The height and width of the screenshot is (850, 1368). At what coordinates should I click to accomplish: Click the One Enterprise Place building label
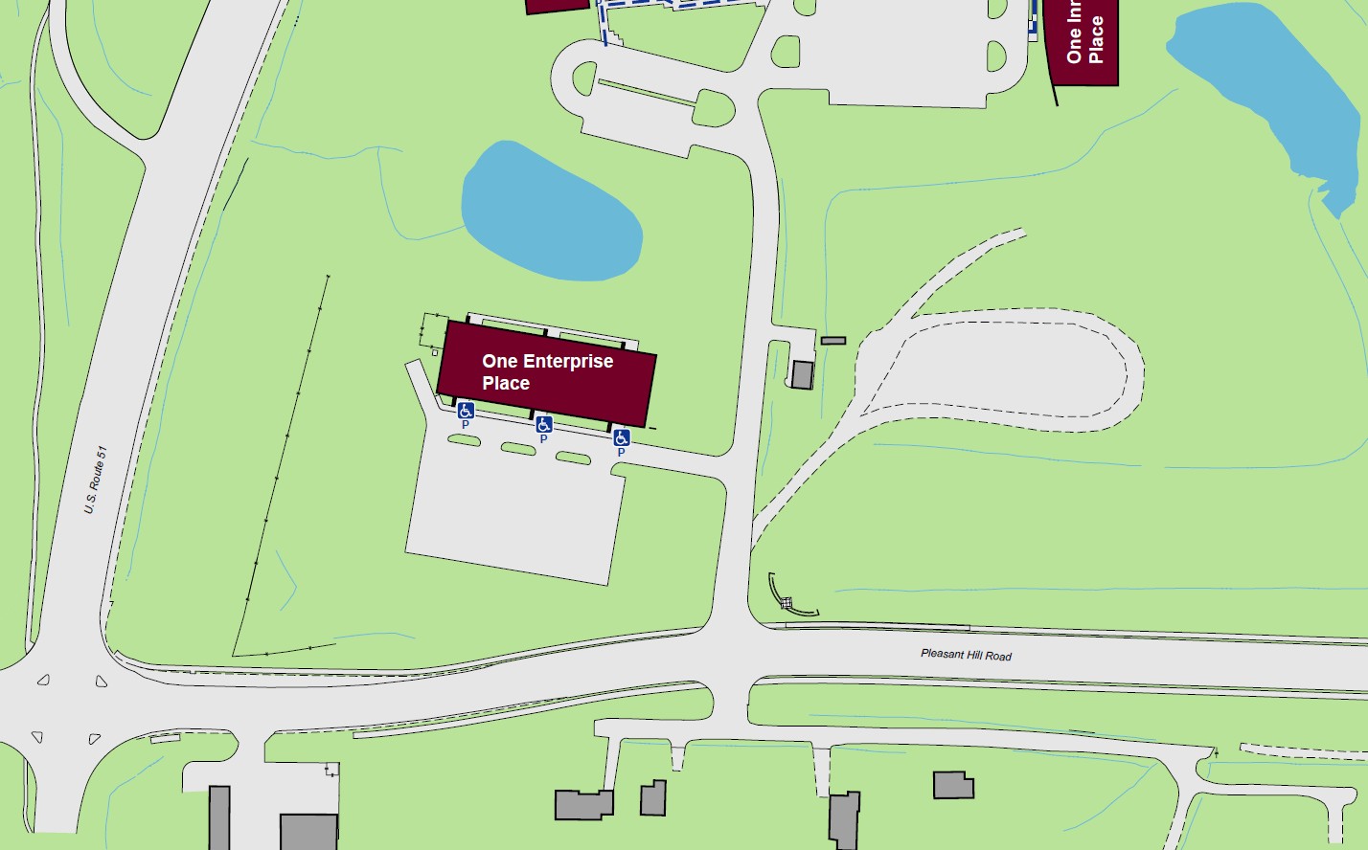(547, 372)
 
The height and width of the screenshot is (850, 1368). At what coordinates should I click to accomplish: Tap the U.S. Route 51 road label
(96, 480)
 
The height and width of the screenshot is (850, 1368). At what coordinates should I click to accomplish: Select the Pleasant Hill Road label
(966, 655)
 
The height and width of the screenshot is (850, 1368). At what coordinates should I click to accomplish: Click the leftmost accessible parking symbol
(466, 411)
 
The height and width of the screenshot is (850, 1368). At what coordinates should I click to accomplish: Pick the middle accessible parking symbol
(543, 424)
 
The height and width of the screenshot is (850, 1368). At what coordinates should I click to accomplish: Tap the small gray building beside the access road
(802, 374)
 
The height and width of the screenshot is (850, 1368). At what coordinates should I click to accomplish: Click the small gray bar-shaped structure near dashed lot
(833, 341)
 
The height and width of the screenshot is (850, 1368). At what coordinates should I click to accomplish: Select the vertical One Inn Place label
(1085, 38)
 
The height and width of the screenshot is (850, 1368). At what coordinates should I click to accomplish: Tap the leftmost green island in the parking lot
(464, 440)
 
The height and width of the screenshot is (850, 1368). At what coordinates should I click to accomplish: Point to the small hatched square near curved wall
(786, 603)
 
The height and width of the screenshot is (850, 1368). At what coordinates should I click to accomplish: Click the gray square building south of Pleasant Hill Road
(953, 785)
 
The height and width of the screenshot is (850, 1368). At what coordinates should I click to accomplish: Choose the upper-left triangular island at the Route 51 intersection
(43, 681)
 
